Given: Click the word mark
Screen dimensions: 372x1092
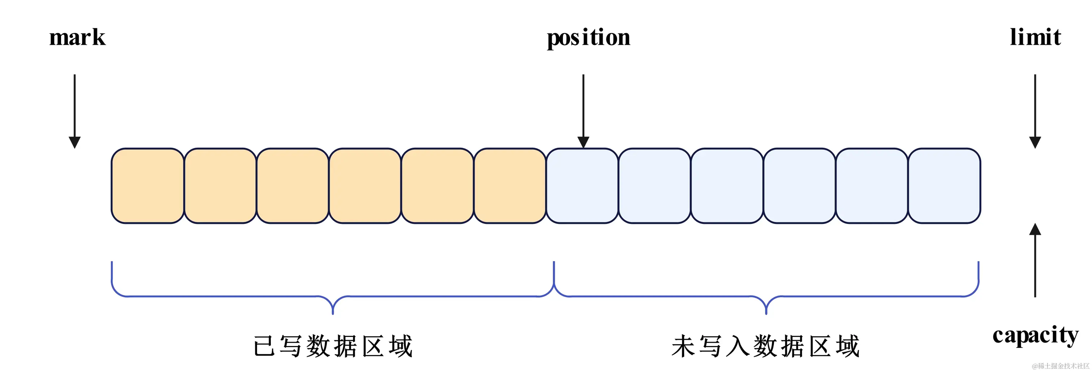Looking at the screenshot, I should [77, 38].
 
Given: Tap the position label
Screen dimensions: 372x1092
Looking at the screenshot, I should [588, 38].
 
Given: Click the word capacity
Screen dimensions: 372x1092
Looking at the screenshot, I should [1035, 336].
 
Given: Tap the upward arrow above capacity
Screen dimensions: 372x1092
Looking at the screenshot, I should [1035, 260].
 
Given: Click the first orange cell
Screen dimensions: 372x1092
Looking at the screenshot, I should [148, 186].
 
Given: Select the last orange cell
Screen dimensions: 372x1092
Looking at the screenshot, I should [510, 186].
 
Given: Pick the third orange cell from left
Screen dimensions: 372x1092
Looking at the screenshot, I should [292, 186].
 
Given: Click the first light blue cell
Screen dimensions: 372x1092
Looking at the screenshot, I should [582, 186].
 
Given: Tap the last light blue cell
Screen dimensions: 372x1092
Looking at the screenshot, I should [944, 186].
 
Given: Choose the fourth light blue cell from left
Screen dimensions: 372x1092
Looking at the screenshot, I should [799, 186].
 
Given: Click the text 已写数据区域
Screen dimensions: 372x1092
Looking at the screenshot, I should [333, 346].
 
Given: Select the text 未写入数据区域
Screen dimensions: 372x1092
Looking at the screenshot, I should [766, 346].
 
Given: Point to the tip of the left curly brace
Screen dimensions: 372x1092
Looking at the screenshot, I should [333, 313].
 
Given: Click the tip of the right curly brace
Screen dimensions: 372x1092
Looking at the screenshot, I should [766, 313].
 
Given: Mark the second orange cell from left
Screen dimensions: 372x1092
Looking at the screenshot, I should [220, 186].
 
